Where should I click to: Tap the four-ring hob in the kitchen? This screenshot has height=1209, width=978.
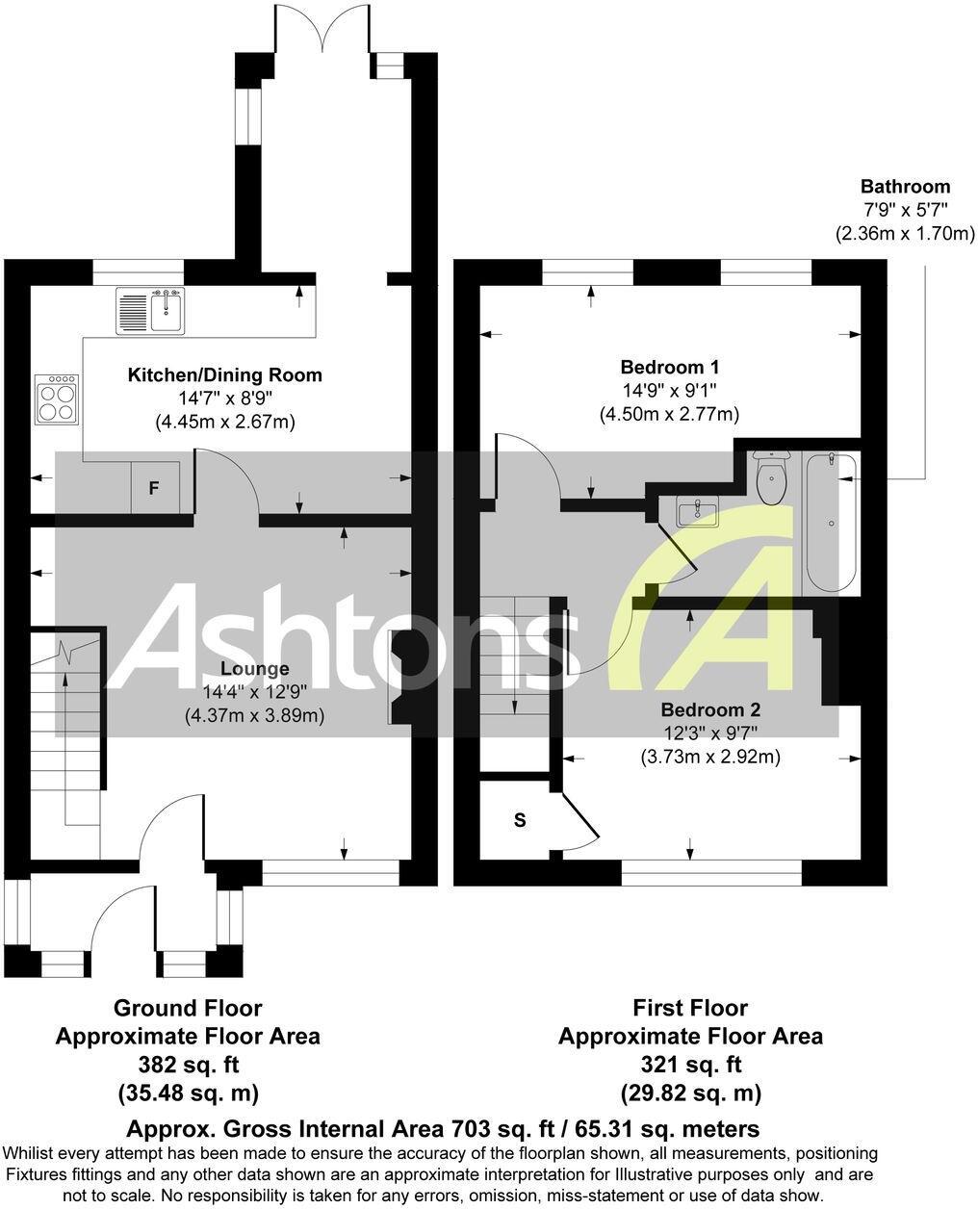tap(57, 399)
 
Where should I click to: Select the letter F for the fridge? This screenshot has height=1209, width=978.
tap(153, 488)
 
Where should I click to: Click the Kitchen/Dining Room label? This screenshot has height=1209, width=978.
tap(224, 374)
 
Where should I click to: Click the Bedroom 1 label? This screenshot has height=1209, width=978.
tap(669, 367)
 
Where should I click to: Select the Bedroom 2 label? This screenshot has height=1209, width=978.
tap(710, 710)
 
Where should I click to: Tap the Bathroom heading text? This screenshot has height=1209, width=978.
tap(905, 187)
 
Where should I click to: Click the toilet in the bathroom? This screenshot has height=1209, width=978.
tap(772, 476)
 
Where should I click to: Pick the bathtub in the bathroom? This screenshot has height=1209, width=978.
tap(830, 525)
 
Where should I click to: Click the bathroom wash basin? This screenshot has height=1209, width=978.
tap(696, 511)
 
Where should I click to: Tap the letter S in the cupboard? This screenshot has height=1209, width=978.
tap(520, 820)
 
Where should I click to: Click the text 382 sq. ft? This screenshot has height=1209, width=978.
tap(188, 1065)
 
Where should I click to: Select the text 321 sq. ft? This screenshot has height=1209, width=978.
tap(690, 1065)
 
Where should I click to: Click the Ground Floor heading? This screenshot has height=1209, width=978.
tap(188, 1008)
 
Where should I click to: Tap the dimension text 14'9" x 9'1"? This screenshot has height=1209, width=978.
tap(669, 391)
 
